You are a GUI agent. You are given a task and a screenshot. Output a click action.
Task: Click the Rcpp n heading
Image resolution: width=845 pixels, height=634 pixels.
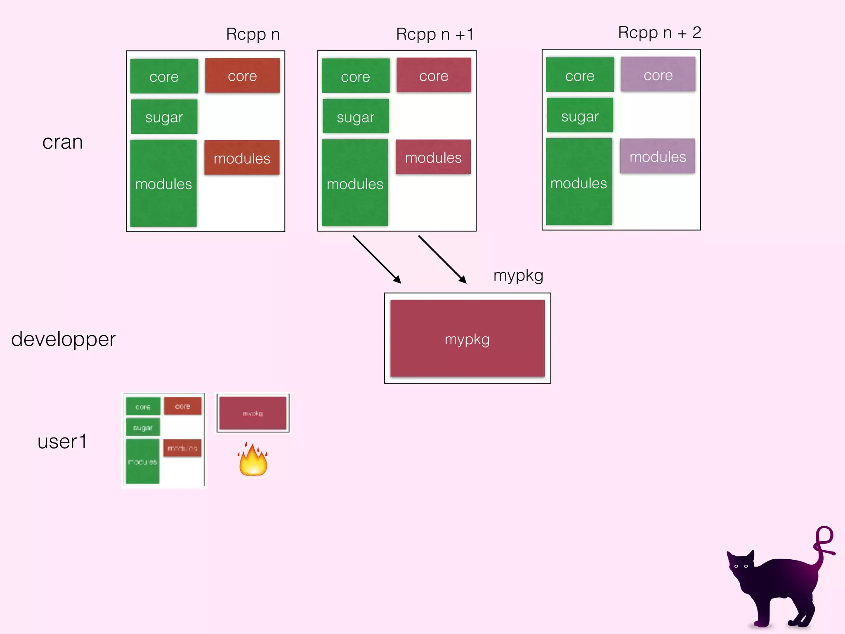click(253, 34)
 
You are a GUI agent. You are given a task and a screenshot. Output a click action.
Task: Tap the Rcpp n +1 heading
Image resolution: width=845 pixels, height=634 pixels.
click(434, 34)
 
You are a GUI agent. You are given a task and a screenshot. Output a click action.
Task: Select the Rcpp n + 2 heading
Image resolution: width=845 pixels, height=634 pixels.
click(659, 33)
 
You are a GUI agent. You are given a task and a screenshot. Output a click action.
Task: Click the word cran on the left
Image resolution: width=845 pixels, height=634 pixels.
click(62, 142)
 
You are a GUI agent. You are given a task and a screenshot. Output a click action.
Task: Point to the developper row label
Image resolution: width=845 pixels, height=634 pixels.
click(63, 339)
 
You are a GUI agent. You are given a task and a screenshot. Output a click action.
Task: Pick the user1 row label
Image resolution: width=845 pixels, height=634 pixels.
click(62, 442)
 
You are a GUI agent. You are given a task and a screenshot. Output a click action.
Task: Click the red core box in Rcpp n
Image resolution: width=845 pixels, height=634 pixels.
click(242, 76)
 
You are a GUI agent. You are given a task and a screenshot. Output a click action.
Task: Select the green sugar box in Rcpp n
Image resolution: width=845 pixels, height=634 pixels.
click(164, 117)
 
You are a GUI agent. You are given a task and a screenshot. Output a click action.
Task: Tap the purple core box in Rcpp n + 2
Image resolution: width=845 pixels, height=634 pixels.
click(658, 74)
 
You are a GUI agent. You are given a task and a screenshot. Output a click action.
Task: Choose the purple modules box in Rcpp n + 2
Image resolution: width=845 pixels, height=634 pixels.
click(657, 156)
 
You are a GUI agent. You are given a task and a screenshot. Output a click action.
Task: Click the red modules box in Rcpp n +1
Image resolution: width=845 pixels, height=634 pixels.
click(433, 157)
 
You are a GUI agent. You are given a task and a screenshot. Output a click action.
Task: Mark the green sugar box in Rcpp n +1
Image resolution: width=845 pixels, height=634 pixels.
click(355, 116)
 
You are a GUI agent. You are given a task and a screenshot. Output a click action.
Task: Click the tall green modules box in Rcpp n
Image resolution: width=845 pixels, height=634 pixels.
click(163, 183)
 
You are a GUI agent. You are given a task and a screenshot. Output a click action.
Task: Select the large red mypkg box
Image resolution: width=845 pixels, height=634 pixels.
click(467, 338)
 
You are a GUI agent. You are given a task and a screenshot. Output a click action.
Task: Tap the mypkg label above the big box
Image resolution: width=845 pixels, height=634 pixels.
click(518, 275)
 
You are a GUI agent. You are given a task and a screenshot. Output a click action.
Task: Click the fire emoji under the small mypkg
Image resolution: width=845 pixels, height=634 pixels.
click(253, 460)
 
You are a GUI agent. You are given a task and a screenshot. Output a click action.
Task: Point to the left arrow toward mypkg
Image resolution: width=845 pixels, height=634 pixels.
click(376, 259)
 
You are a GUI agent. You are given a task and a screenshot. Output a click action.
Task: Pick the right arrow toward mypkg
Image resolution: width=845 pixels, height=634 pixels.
click(442, 259)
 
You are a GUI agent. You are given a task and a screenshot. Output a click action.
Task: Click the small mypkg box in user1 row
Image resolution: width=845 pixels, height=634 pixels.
click(253, 413)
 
